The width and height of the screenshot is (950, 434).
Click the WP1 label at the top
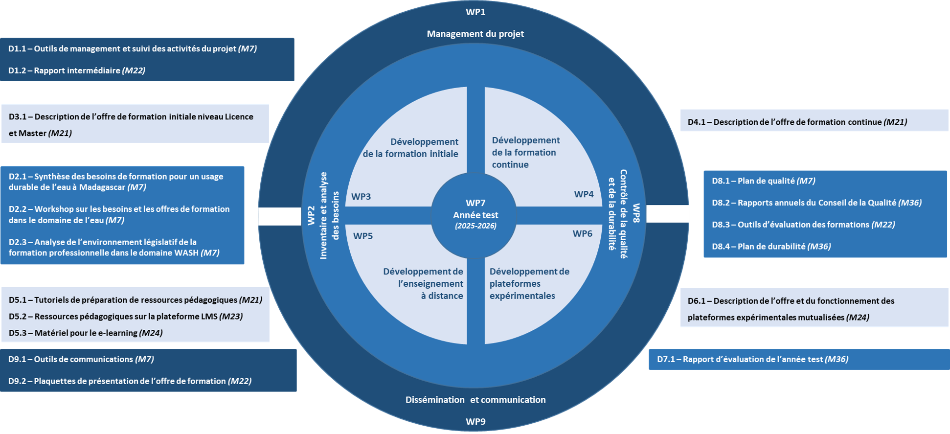coord(475,12)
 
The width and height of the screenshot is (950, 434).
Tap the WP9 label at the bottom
coord(475,422)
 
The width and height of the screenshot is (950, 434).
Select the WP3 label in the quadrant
coord(361,197)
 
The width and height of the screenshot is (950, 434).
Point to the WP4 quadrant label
coord(584,194)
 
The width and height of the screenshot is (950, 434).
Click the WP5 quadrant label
coord(363,236)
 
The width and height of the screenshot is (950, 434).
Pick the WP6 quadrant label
coord(582,234)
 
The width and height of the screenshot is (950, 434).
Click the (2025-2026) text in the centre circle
coord(475,226)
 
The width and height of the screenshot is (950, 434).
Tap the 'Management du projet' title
coord(475,34)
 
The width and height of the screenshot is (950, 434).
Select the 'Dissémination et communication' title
coord(475,400)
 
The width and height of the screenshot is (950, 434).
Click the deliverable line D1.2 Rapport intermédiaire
coord(77,70)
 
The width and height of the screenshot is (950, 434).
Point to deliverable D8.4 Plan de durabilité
coord(771,247)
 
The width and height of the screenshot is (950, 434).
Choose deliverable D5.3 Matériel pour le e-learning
coord(86,333)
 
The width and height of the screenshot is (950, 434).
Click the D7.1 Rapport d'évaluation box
coord(799,359)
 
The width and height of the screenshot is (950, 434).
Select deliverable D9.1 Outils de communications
coord(81,359)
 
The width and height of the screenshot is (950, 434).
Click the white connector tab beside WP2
coord(279,216)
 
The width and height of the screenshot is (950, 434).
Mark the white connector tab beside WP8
coord(668,214)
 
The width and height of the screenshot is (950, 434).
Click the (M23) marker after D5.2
coord(231,317)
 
